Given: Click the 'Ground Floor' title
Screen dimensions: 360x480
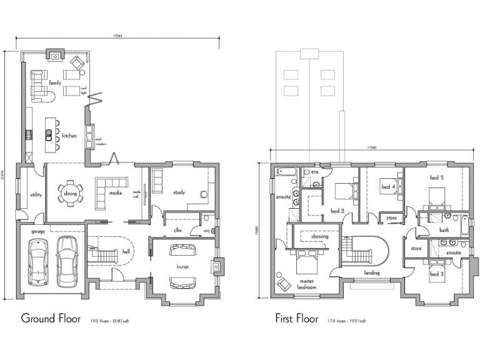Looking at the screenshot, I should (51, 318).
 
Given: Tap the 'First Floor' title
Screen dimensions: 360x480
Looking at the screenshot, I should (299, 318).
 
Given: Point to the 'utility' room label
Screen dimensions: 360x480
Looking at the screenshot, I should (36, 194).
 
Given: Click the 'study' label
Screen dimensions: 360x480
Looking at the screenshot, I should (179, 192).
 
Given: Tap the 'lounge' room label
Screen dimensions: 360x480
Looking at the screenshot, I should (182, 267).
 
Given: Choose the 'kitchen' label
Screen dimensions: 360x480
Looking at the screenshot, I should (69, 134).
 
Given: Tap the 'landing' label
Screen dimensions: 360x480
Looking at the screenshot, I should (372, 272).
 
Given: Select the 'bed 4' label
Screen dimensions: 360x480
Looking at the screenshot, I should (387, 186).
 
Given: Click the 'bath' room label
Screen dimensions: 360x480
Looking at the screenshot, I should (444, 230).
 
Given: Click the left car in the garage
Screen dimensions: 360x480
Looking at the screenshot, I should (38, 264).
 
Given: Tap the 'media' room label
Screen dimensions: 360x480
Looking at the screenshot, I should (115, 194).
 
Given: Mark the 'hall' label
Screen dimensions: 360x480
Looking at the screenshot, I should (126, 251).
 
